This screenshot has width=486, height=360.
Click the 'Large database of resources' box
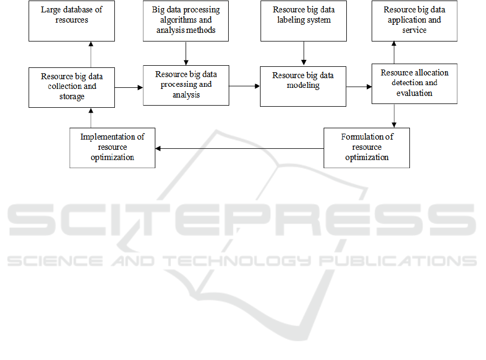tap(72, 20)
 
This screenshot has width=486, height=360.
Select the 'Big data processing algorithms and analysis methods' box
tap(186, 20)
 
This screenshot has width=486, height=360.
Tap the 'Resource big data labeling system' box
tap(304, 20)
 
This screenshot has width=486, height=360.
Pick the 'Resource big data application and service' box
tap(414, 20)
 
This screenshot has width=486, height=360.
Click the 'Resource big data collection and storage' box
tap(72, 88)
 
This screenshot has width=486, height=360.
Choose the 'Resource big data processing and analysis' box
tap(186, 86)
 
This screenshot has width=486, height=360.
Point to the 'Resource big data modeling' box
tap(303, 86)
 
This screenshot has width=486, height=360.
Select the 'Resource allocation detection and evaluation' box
tap(414, 84)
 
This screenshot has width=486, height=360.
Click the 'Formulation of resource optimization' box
tap(367, 148)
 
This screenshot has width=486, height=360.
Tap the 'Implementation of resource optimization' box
tap(112, 148)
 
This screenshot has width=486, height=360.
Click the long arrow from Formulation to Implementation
tap(239, 149)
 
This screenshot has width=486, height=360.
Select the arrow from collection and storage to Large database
tap(91, 54)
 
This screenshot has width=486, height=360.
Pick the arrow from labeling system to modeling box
tap(304, 53)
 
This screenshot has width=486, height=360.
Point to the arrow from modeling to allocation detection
tap(359, 87)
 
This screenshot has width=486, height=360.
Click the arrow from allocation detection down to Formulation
tap(394, 116)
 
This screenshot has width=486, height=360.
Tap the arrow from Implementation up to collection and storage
tap(91, 117)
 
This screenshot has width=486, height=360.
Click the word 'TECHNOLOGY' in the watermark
tap(237, 261)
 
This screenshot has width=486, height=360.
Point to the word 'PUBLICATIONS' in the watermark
tap(398, 261)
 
